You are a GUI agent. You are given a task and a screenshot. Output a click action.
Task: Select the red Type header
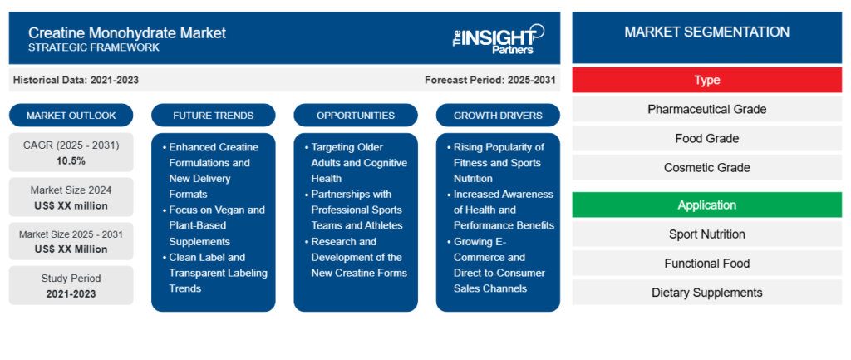tap(706, 81)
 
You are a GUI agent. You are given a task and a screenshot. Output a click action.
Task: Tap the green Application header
tap(706, 205)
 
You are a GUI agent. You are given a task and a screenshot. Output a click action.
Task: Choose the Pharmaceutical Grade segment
tap(706, 109)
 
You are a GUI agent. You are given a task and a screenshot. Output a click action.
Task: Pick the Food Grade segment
tap(706, 139)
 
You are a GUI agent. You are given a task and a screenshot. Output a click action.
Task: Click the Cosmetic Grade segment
tap(706, 167)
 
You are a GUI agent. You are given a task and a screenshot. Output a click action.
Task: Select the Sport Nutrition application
tap(706, 234)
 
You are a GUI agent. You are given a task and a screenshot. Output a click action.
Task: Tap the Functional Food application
tap(706, 264)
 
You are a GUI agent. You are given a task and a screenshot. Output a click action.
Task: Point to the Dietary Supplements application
tap(706, 293)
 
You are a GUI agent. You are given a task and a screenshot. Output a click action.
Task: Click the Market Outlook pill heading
tap(71, 115)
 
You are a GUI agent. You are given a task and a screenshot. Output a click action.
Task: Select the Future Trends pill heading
tap(214, 115)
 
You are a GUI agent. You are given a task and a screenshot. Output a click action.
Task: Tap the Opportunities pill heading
tap(356, 115)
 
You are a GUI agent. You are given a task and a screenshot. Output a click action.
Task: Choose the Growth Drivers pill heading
tap(498, 115)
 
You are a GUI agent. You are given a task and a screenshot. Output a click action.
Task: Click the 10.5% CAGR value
tap(71, 160)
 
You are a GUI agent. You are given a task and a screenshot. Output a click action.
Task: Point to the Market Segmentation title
tap(706, 32)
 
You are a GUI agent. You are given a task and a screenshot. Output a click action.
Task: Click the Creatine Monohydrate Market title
tap(127, 33)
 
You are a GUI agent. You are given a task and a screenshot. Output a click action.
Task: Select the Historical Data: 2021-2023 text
tap(76, 80)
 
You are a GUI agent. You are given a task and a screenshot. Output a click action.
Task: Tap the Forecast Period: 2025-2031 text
tap(490, 80)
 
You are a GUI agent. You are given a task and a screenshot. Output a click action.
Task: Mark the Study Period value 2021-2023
tap(71, 293)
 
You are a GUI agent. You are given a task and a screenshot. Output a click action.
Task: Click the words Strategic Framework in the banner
tap(94, 47)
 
